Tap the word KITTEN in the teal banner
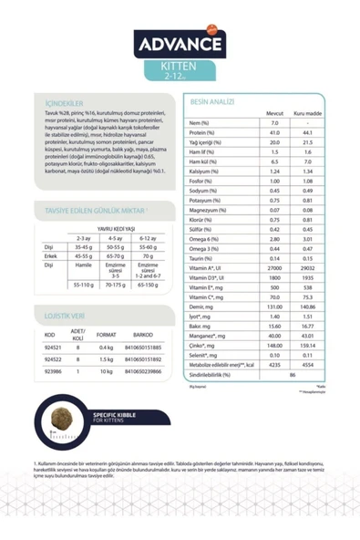click(x=180, y=67)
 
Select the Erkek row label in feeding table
click(x=50, y=256)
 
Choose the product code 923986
click(x=51, y=371)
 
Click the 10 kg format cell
click(x=106, y=371)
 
